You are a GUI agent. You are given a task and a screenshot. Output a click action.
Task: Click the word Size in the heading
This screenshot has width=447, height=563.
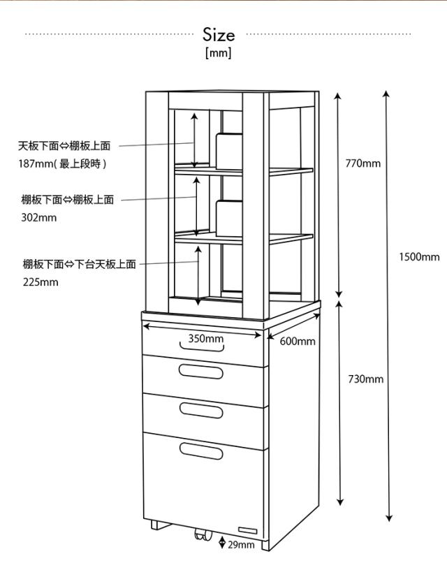[x=219, y=34]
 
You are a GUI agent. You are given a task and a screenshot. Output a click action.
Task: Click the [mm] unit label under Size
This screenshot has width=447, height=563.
[x=219, y=53]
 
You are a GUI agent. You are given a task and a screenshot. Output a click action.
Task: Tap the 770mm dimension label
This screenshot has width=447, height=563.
[x=363, y=163]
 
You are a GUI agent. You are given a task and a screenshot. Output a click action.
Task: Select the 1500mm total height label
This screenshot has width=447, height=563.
[x=419, y=257]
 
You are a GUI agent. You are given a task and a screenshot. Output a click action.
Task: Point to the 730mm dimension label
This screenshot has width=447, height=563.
[x=365, y=379]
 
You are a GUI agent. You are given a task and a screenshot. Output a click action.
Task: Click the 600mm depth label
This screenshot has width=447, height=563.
[x=298, y=342]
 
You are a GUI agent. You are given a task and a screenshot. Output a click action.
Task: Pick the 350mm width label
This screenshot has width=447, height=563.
[x=205, y=339]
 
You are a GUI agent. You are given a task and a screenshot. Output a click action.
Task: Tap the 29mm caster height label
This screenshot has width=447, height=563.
[x=241, y=545]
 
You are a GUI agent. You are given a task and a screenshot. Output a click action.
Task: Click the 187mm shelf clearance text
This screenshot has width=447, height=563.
[x=63, y=163]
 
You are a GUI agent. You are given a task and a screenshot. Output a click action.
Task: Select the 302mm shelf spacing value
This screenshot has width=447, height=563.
[x=39, y=217]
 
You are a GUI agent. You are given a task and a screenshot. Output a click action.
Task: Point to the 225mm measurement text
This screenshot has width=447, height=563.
[x=40, y=282]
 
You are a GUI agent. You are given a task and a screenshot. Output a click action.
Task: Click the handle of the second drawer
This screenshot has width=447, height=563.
[x=202, y=371]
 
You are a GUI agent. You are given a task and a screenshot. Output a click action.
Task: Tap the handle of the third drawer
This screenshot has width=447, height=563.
[x=202, y=409]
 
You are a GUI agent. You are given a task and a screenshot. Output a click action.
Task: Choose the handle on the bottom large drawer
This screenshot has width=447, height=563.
[x=202, y=450]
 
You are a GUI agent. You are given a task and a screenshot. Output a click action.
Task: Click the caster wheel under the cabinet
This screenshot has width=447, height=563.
[x=200, y=536]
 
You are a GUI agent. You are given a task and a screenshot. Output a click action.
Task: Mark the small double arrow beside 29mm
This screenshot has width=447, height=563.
[x=222, y=543]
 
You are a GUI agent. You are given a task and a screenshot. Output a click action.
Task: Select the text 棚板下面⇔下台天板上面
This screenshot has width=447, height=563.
[x=79, y=264]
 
